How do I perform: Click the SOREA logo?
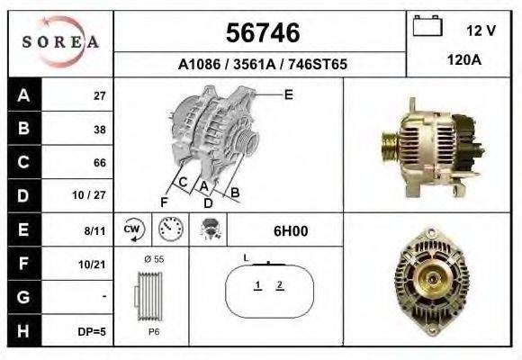tap(61, 42)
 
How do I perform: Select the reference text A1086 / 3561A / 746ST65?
tap(261, 65)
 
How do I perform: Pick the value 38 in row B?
tap(99, 130)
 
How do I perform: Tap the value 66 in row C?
tap(99, 163)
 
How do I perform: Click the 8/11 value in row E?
tap(95, 231)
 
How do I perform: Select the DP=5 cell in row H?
tap(92, 331)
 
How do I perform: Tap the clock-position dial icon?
tap(168, 230)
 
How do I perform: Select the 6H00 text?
tap(290, 231)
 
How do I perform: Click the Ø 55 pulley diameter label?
tap(155, 259)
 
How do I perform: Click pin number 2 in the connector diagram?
tap(280, 285)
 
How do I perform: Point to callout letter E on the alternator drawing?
tap(289, 94)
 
